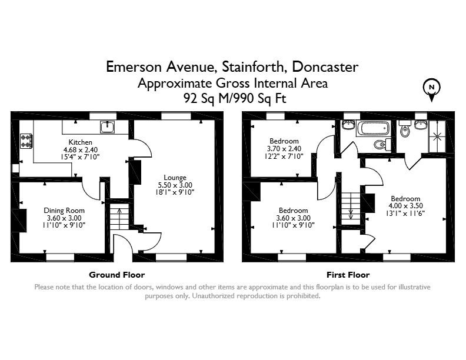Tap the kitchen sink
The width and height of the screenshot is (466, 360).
[x=107, y=127]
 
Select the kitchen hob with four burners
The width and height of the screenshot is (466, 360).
[x=26, y=141]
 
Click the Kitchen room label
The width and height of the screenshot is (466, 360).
[x=80, y=142]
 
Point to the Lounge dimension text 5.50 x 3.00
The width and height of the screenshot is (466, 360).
[x=175, y=185]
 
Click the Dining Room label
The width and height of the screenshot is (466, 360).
[x=64, y=211]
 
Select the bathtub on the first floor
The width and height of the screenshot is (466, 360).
[x=373, y=128]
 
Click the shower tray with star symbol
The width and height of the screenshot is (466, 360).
[x=437, y=136]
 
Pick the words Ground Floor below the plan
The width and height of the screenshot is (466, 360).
[x=117, y=275]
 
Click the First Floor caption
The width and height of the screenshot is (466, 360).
[x=348, y=275]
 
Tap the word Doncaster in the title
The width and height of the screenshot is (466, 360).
[x=325, y=67]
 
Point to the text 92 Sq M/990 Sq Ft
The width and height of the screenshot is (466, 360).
[x=235, y=98]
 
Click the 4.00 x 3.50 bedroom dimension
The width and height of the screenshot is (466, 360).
[x=405, y=205]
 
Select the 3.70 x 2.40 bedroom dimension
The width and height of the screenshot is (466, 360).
[x=284, y=148]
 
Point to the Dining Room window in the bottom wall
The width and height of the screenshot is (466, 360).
[x=60, y=257]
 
